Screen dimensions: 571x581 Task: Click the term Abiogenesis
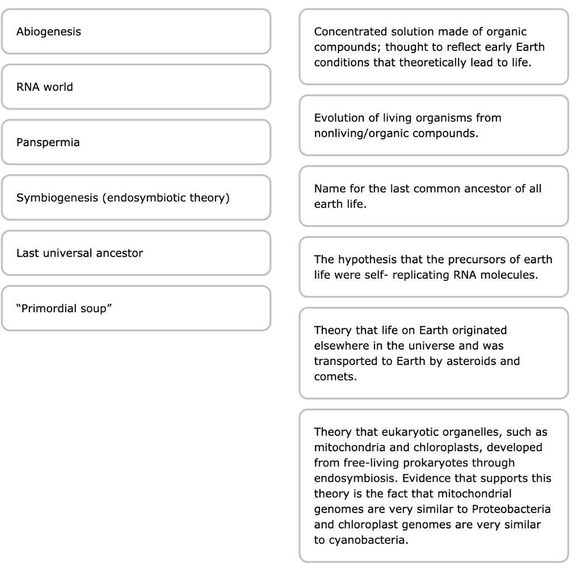(x=49, y=32)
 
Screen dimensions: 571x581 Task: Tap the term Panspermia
(x=48, y=142)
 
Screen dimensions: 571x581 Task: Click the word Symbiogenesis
(x=50, y=198)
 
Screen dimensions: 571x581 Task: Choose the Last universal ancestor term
(x=79, y=253)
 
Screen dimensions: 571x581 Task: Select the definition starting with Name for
(x=433, y=196)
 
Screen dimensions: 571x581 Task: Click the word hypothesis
(x=364, y=259)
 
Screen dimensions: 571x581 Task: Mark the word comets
(x=335, y=376)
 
